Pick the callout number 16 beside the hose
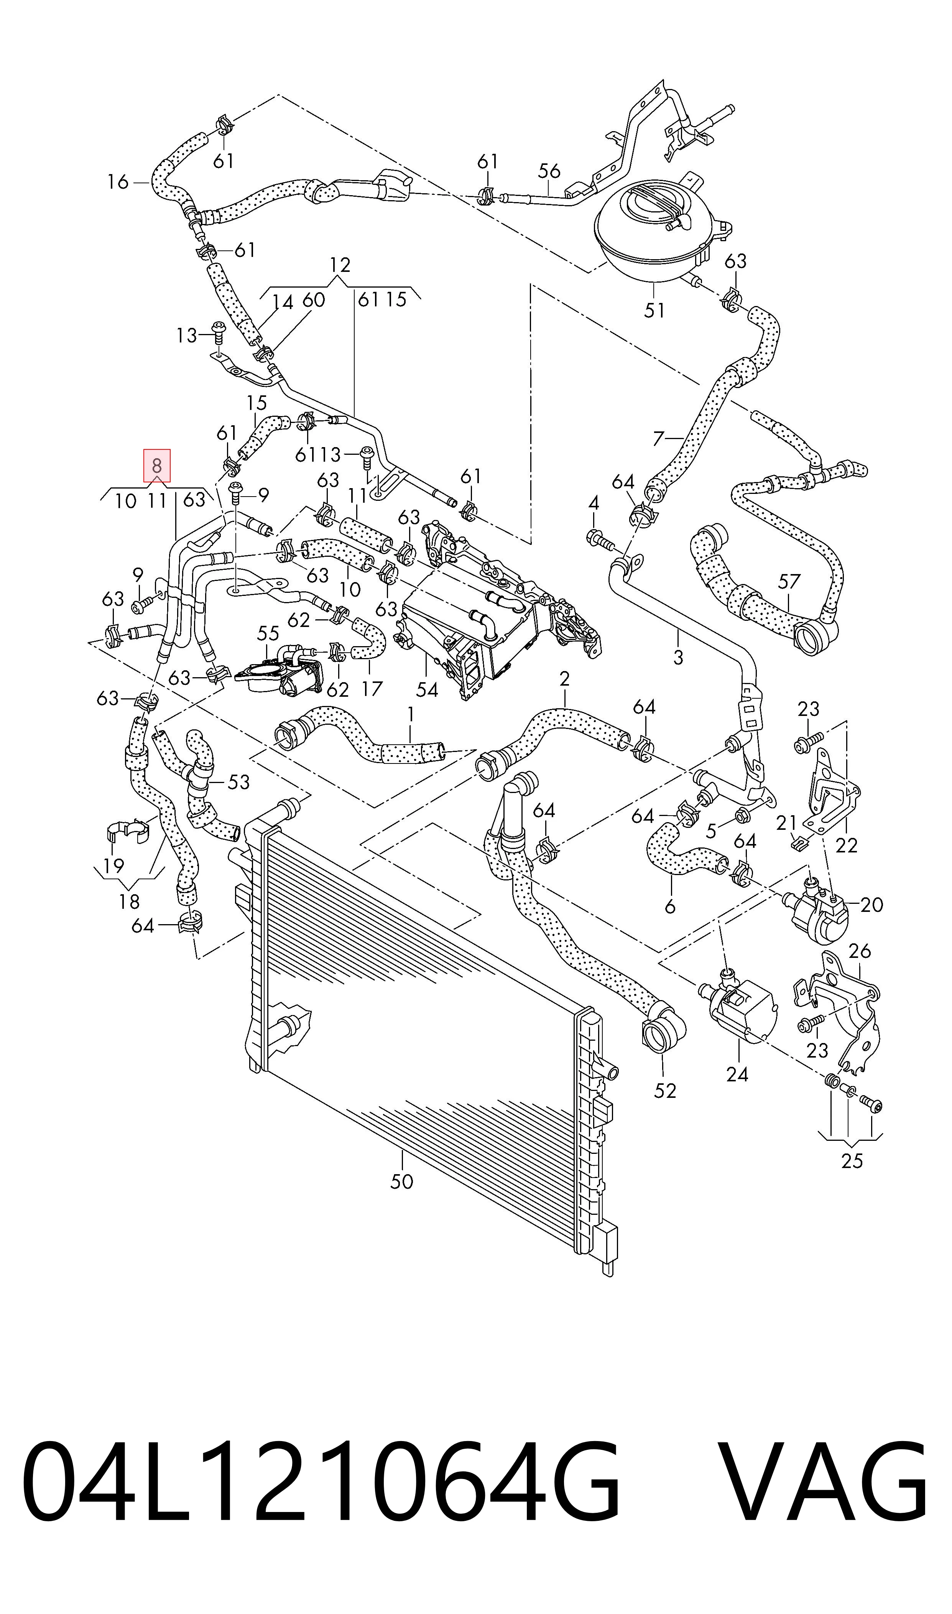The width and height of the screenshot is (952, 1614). (118, 182)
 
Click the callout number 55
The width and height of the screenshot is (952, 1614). (268, 634)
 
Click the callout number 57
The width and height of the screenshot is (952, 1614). (789, 581)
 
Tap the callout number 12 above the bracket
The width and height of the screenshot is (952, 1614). (340, 265)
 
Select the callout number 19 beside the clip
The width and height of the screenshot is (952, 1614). (113, 866)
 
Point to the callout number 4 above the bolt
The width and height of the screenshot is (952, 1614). (594, 503)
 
